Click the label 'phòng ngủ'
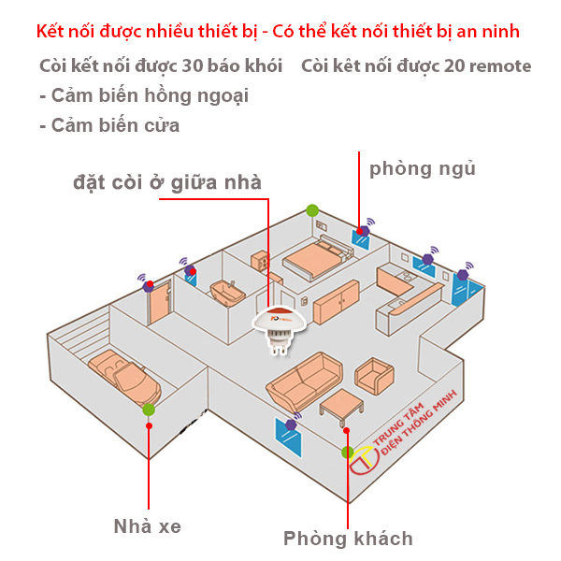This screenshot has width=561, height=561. point(422,169)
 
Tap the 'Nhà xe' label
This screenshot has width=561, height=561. point(147,526)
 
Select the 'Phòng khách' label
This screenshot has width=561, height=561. point(348,539)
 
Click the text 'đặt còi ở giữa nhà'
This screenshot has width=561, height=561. point(167,182)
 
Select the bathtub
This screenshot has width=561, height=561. point(227,293)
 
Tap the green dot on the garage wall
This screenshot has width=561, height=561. point(148,409)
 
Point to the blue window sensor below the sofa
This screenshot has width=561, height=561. point(288,437)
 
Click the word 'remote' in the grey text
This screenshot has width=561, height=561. point(500,66)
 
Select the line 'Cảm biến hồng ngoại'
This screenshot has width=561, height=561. point(143,95)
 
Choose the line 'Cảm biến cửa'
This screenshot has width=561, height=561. point(109,124)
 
